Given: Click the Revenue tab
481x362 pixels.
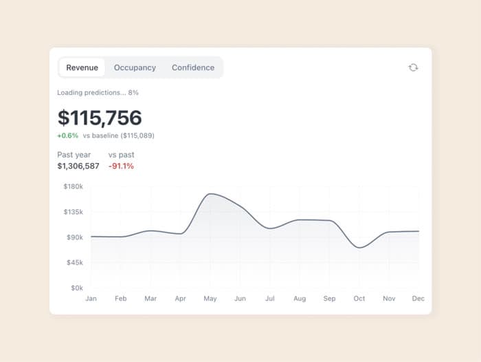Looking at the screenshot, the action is click(82, 67).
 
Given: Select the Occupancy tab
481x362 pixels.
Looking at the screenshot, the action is click(135, 67).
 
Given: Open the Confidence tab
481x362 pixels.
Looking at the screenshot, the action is click(193, 67).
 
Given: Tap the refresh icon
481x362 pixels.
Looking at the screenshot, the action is click(413, 67).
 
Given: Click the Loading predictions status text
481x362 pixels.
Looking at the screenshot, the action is click(98, 92).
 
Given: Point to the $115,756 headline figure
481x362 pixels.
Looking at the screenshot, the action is click(100, 118).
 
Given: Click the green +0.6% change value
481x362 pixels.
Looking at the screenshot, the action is click(68, 136).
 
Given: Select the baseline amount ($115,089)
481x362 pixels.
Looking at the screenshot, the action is click(137, 136).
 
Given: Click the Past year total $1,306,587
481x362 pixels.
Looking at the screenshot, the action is click(78, 167).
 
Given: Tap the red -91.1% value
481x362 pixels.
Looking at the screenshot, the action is click(121, 167).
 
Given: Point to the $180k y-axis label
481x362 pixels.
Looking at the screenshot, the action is click(74, 187).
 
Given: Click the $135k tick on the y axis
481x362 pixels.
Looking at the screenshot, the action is click(74, 212).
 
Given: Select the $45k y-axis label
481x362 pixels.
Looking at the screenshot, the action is click(75, 262).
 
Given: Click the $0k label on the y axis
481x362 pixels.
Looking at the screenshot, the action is click(77, 288).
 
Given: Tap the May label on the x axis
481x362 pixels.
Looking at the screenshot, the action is click(210, 299).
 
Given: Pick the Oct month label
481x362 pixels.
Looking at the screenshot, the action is click(359, 299).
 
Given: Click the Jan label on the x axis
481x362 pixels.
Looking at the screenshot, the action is click(91, 299).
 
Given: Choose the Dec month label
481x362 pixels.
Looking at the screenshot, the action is click(418, 299).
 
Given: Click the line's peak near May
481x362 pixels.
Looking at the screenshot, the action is click(211, 193).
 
